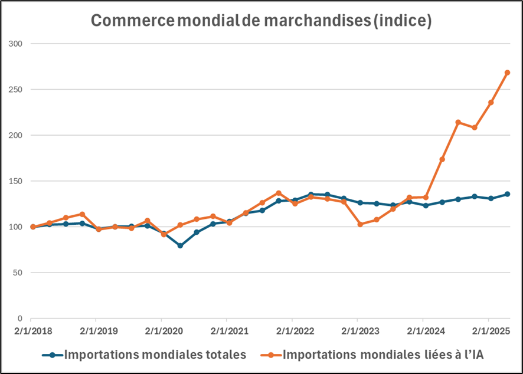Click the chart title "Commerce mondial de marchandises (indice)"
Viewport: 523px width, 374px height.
261,21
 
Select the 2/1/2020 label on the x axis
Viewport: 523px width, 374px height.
162,331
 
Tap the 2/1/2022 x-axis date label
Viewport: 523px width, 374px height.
292,331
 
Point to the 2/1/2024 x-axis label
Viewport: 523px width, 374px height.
423,331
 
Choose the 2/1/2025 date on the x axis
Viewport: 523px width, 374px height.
488,331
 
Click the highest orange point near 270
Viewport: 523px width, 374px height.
507,73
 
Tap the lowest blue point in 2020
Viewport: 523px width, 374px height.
180,245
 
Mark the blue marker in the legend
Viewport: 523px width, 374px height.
53,355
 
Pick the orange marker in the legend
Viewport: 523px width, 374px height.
271,355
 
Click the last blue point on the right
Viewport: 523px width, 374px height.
507,194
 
